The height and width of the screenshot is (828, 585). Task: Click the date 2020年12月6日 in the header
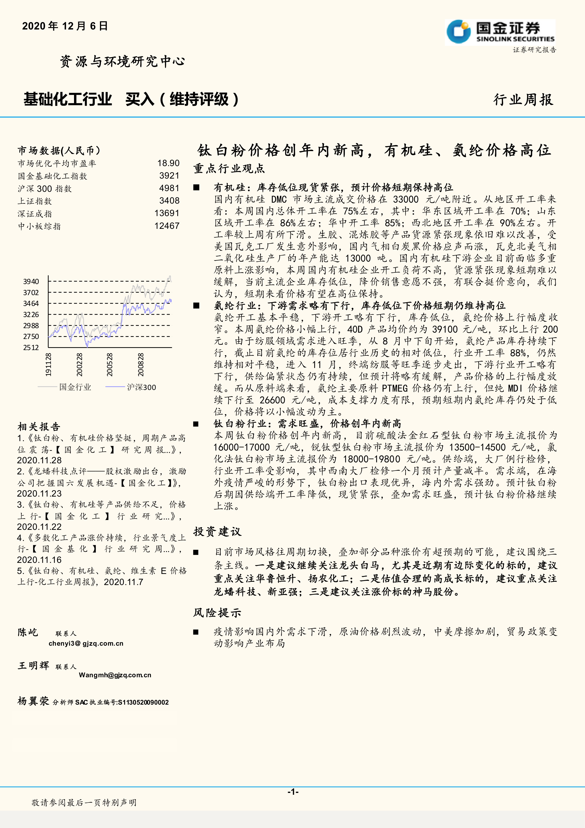coord(65,26)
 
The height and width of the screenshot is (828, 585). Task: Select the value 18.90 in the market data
coord(168,163)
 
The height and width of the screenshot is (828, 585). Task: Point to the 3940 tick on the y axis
coord(31,281)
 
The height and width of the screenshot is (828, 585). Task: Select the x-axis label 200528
coord(110,365)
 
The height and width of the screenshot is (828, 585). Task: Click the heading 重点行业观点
coord(229,169)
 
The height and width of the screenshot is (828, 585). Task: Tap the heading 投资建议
coord(217,531)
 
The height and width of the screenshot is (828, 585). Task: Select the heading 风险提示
coord(217,613)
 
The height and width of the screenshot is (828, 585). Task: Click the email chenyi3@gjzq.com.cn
coord(86,643)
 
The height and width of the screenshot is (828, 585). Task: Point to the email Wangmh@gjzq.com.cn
coord(115,675)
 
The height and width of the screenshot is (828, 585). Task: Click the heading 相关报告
coord(39,427)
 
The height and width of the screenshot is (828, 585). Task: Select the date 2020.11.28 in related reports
coord(39,460)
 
